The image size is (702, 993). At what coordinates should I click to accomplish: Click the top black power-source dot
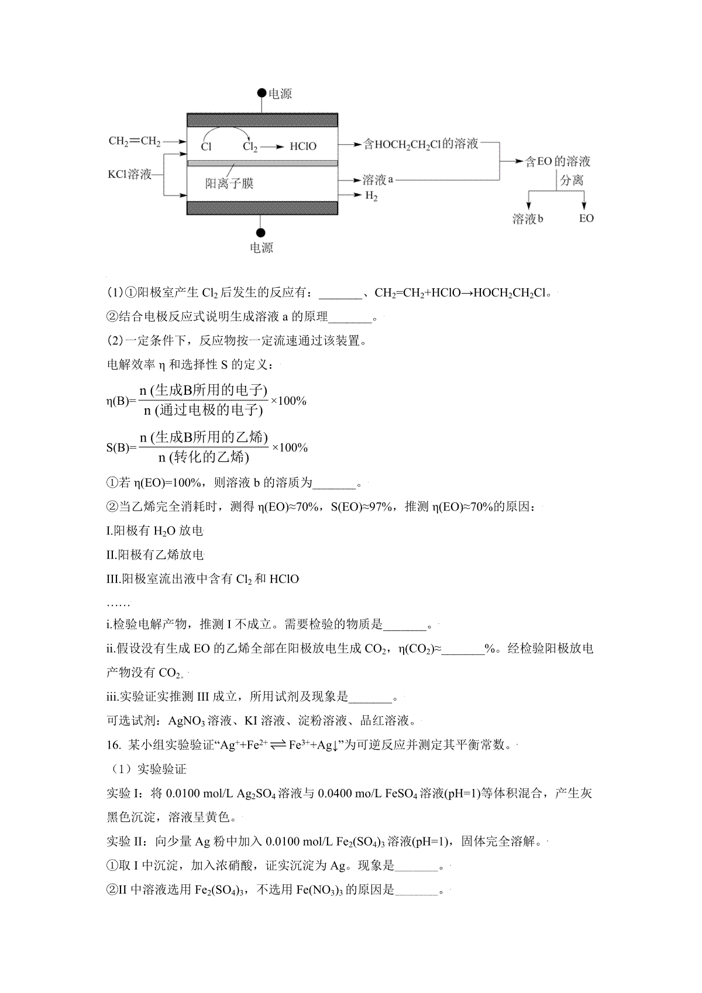pos(261,94)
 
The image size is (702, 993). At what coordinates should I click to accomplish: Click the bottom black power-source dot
pos(261,233)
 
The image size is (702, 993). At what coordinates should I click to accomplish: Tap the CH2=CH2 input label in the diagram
pos(135,141)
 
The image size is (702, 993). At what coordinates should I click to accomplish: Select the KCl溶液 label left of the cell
pos(129,174)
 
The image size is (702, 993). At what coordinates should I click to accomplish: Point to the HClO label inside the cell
pos(302,146)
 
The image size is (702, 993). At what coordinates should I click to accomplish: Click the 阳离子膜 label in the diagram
pos(229,184)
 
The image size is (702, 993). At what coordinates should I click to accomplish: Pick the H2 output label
pos(371,196)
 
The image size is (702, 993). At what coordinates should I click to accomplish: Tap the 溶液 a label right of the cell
pos(377,180)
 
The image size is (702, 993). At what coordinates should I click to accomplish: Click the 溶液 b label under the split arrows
pos(528,219)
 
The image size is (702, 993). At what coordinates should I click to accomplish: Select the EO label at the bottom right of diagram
pos(586,219)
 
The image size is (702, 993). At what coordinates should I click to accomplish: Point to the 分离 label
pos(572,180)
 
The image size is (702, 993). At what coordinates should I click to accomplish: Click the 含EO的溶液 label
pos(557,161)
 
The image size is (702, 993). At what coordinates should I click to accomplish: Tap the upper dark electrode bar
pos(262,120)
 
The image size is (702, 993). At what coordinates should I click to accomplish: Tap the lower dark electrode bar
pos(262,208)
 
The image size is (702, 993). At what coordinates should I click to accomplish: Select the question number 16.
pos(113,745)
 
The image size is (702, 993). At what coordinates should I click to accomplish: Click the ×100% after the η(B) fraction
pos(288,401)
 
